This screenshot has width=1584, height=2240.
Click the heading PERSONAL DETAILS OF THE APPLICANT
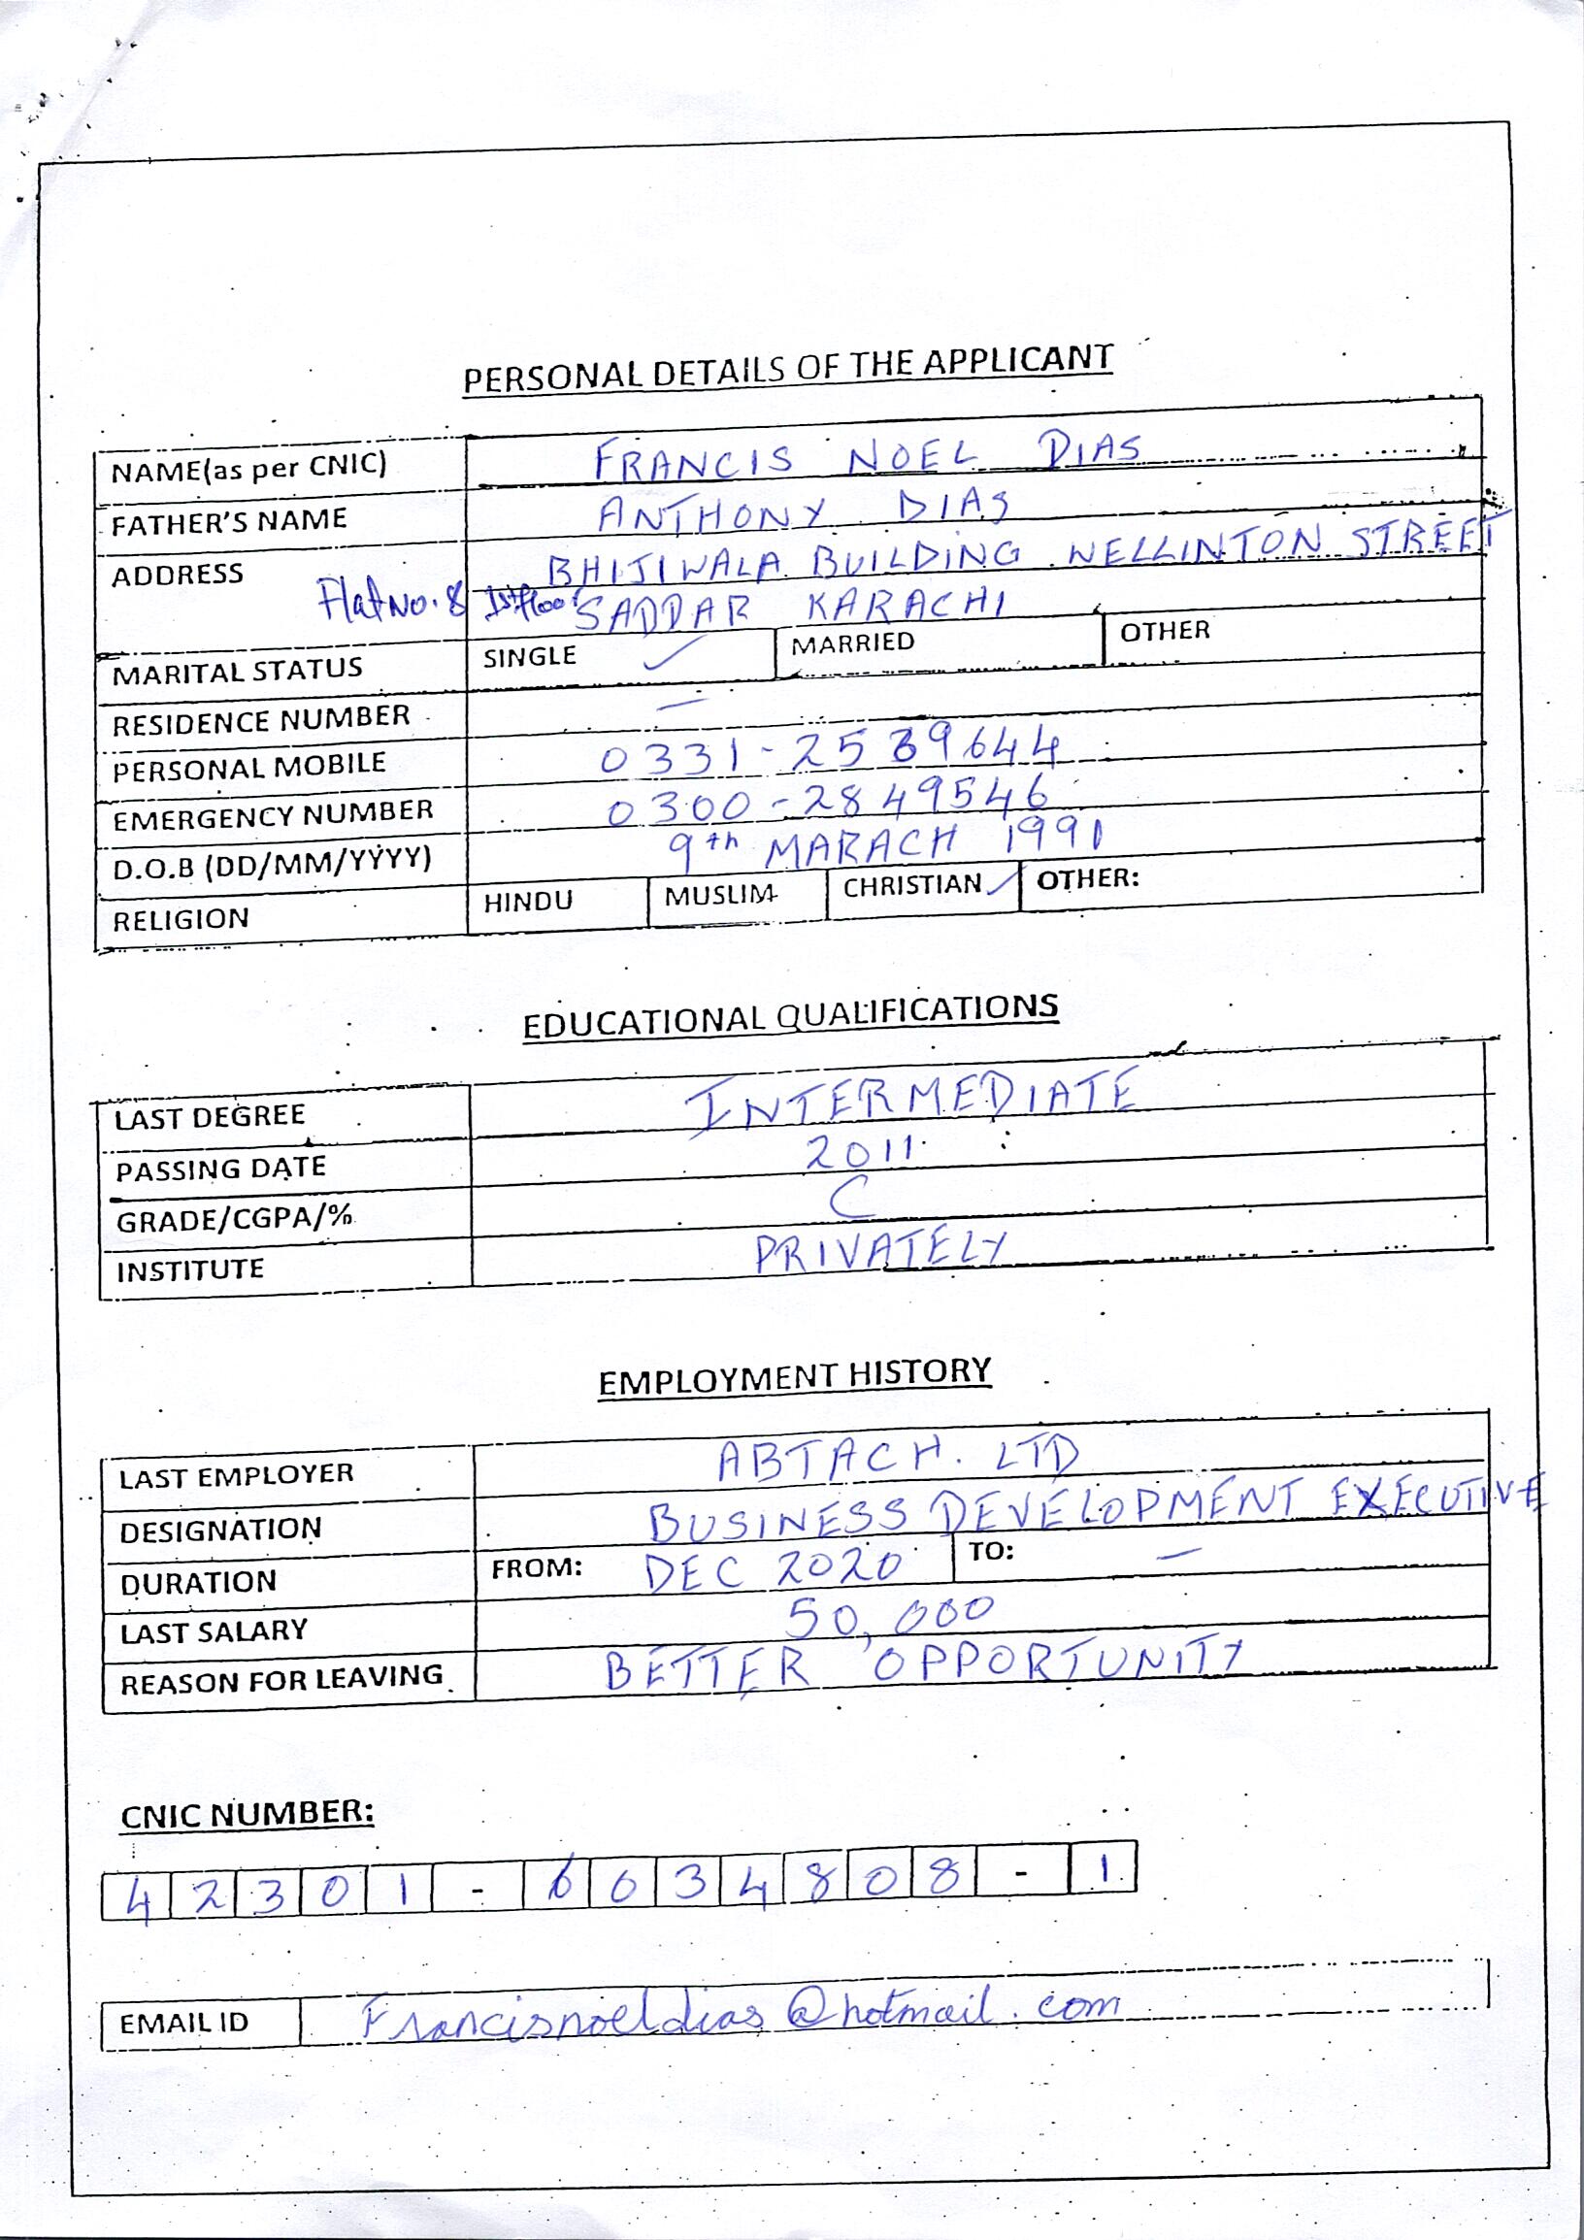coord(787,369)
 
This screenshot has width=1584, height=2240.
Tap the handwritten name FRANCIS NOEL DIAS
coord(868,456)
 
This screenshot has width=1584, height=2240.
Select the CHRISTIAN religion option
coord(912,886)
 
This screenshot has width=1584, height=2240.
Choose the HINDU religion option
coord(528,902)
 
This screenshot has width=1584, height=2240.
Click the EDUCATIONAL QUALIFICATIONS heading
coord(790,1015)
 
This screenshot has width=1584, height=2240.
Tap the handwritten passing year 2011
coord(858,1153)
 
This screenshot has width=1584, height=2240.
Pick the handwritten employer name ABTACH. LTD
coord(898,1460)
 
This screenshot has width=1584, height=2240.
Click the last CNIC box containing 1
coord(1104,1869)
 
